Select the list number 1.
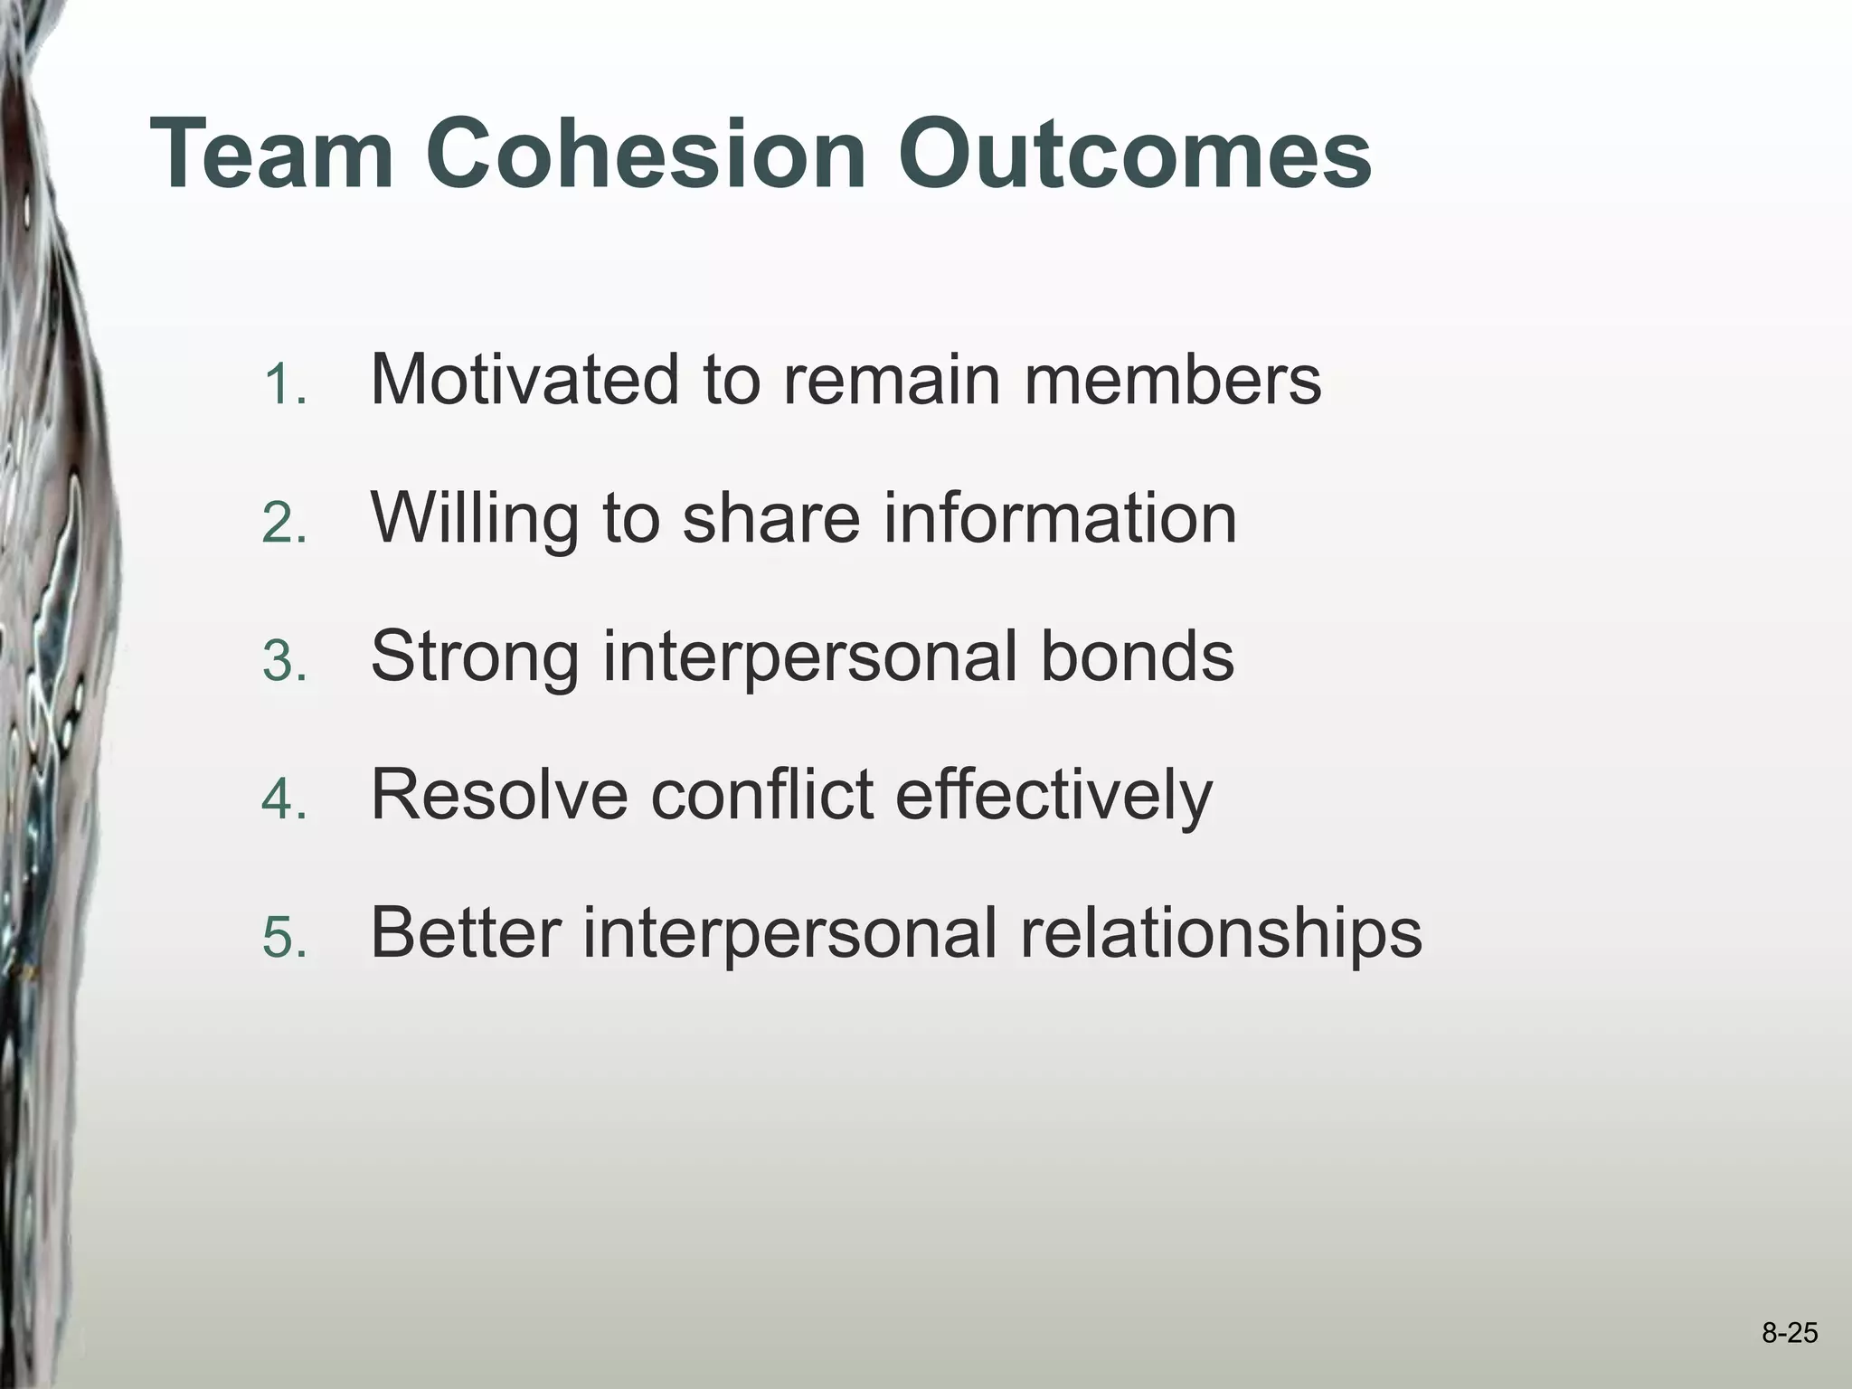285,386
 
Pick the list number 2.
285,524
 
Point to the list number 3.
285,663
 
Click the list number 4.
285,801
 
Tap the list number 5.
285,940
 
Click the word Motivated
524,380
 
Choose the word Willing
474,518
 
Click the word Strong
475,657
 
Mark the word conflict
762,795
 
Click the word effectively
1054,795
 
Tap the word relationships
1221,933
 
